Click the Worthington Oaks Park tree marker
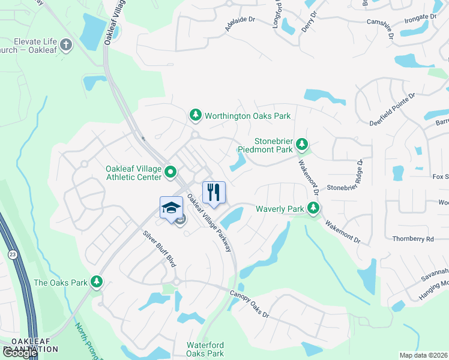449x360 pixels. (x=195, y=115)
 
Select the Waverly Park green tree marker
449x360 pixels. (x=313, y=208)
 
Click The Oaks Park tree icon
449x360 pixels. (x=96, y=282)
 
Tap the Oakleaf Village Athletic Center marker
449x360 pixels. (x=170, y=173)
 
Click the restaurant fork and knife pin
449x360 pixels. (x=214, y=193)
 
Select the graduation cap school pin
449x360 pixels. (x=171, y=208)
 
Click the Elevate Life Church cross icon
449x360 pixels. (x=66, y=44)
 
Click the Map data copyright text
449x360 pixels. (x=424, y=355)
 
